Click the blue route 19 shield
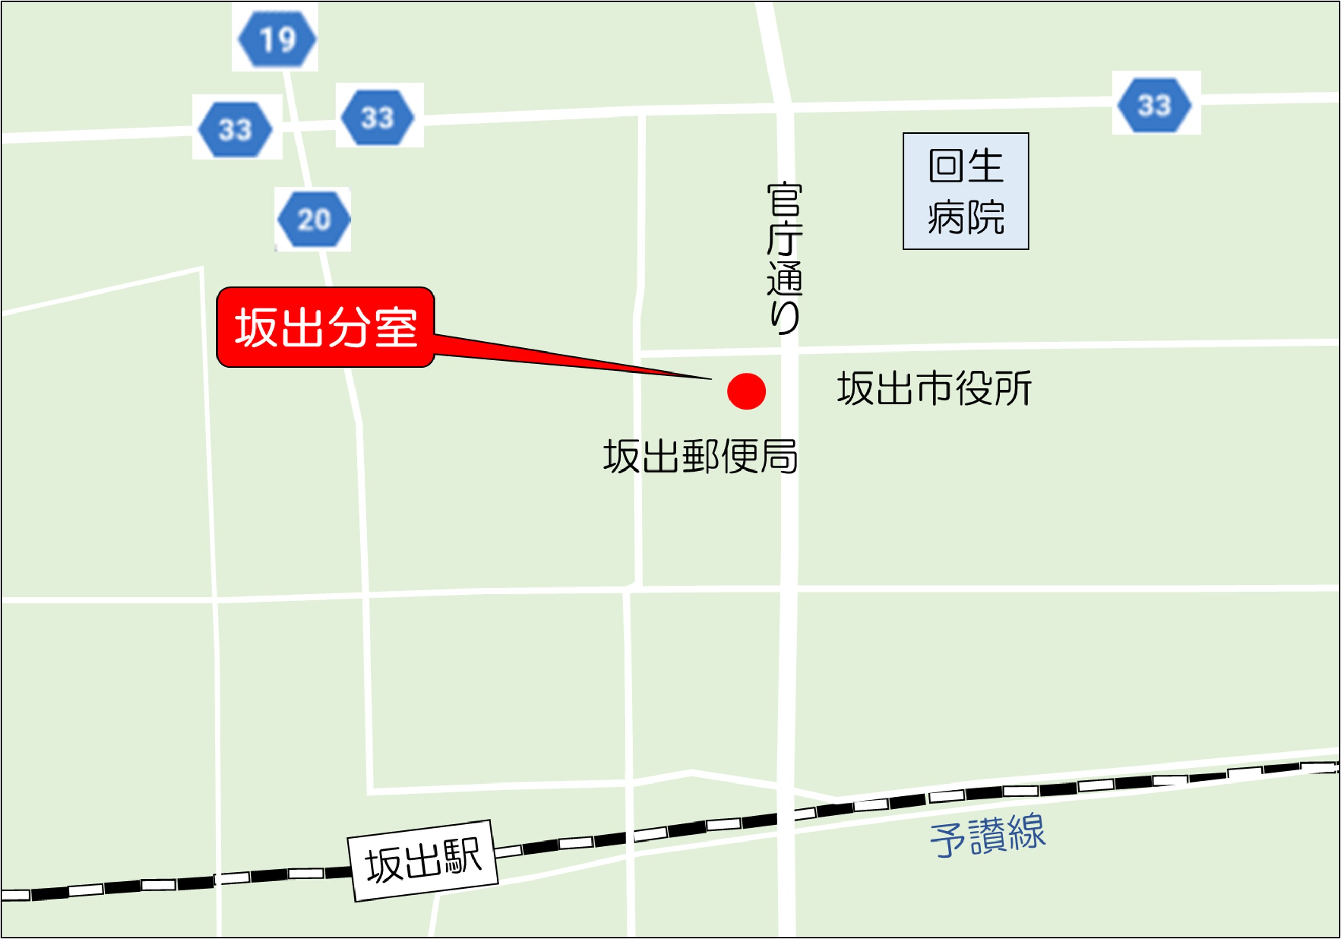[x=277, y=38]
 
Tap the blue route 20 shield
[x=313, y=219]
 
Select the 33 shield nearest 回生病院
[x=1155, y=105]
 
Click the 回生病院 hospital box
[x=965, y=191]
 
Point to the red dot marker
[x=746, y=391]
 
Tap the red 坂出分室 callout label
[x=325, y=327]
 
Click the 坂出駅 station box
[x=423, y=860]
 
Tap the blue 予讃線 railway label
[x=987, y=834]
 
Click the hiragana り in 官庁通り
[x=784, y=317]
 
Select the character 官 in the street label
[x=784, y=199]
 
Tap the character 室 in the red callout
[x=396, y=328]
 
